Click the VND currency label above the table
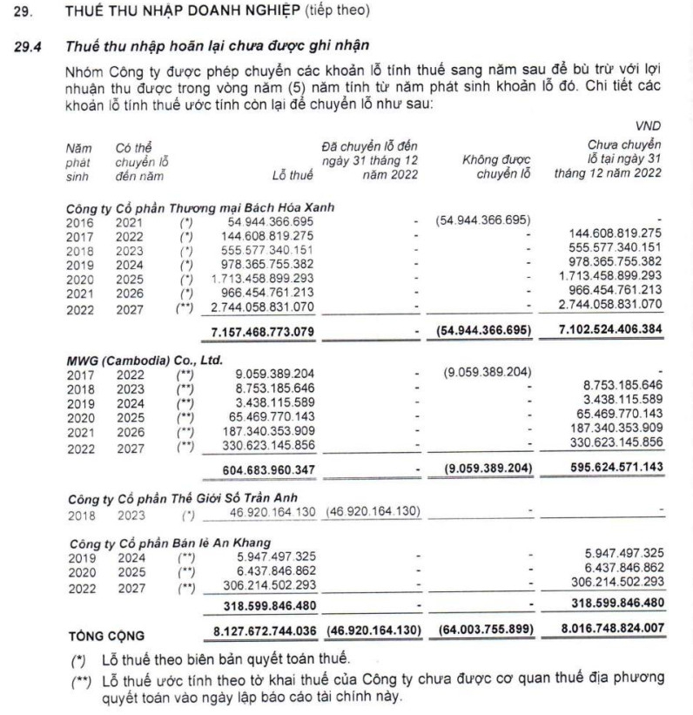point(648,125)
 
